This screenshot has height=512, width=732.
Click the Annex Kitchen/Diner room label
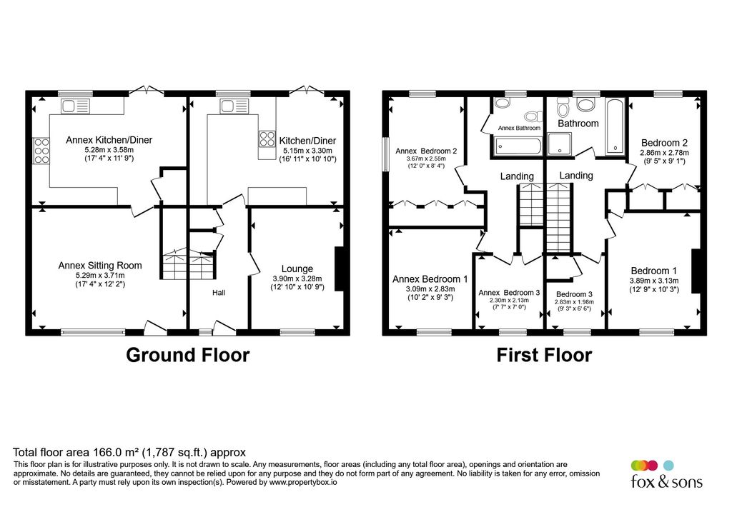coord(109,140)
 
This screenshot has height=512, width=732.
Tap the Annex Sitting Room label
coord(100,266)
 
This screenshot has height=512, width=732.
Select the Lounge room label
coord(297,268)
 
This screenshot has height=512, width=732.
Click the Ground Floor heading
coord(188,355)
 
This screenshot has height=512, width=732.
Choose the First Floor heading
coord(544,355)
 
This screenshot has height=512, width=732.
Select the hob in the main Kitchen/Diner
coord(267,139)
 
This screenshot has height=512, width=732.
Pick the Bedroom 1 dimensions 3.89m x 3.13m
coord(653,281)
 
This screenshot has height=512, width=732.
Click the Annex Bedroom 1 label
coord(430,279)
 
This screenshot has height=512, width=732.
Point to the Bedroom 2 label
coord(664,142)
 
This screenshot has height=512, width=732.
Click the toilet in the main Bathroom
coord(562,109)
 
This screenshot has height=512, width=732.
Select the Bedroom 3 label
coord(574,294)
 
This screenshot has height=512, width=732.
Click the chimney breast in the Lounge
coord(339,268)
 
